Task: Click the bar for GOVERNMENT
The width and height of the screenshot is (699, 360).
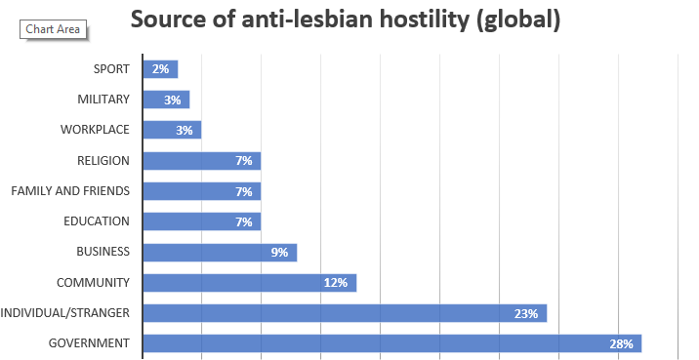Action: click(391, 343)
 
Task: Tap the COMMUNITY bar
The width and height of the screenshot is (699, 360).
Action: click(249, 283)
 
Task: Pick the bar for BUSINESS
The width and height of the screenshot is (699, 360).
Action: click(219, 252)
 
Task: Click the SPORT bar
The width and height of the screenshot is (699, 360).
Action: click(160, 69)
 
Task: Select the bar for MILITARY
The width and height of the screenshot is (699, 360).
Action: click(166, 100)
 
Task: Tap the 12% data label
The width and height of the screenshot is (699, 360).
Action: click(337, 283)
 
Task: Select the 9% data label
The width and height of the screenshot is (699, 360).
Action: click(279, 252)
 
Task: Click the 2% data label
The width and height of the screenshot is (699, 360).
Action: click(160, 69)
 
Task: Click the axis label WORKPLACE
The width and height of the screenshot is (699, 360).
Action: click(95, 130)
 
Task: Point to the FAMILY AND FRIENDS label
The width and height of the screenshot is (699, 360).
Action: click(70, 190)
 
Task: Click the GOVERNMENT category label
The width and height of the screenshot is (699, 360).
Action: click(90, 343)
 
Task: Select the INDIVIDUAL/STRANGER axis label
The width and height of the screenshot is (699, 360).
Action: click(65, 313)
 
